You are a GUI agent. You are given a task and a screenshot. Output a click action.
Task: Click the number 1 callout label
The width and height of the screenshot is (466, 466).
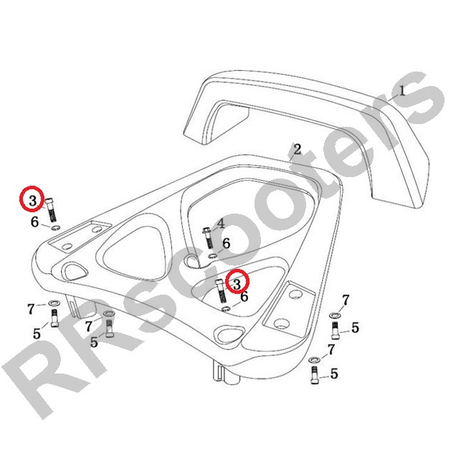pyautogui.click(x=401, y=90)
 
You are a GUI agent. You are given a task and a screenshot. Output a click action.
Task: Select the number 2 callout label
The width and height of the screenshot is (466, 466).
pyautogui.click(x=298, y=149)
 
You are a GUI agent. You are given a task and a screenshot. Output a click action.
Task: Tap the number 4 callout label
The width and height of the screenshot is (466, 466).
pyautogui.click(x=221, y=224)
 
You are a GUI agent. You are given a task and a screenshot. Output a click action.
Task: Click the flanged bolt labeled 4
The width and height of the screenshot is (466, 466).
pyautogui.click(x=209, y=238)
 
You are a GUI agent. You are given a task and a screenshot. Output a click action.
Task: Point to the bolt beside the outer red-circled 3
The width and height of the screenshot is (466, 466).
pyautogui.click(x=51, y=210)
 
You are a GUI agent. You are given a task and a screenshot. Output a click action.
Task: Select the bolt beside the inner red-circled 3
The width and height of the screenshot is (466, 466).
pyautogui.click(x=221, y=290)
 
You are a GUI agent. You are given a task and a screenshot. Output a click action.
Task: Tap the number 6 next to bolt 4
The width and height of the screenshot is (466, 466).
pyautogui.click(x=226, y=244)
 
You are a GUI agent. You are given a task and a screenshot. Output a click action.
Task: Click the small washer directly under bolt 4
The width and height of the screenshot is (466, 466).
pyautogui.click(x=212, y=256)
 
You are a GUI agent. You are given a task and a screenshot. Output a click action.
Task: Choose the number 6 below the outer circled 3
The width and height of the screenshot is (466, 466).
pyautogui.click(x=35, y=222)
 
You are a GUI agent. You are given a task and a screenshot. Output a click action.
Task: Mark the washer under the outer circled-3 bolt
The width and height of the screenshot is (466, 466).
pyautogui.click(x=55, y=228)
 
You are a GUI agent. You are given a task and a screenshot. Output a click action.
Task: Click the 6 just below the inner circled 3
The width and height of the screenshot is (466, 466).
pyautogui.click(x=244, y=296)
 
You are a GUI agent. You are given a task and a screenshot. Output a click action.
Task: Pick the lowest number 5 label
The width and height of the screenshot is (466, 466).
pyautogui.click(x=334, y=374)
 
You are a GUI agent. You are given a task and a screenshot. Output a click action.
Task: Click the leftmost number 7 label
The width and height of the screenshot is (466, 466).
pyautogui.click(x=31, y=309)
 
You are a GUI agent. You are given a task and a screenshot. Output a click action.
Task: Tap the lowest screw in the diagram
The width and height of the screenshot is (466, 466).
pyautogui.click(x=314, y=375)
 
